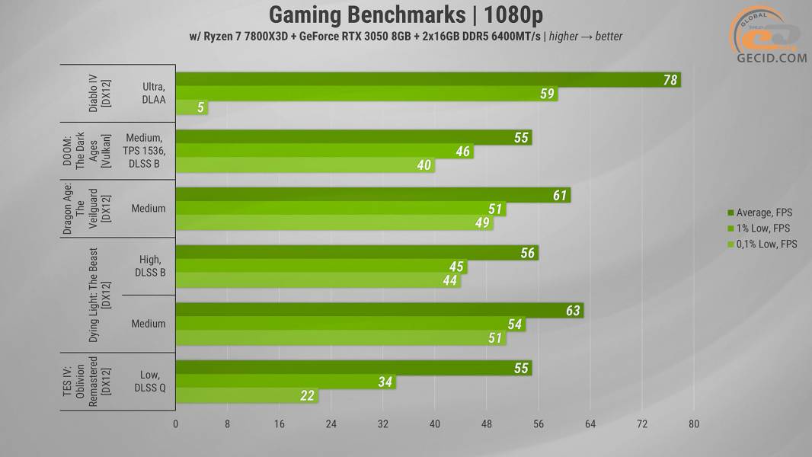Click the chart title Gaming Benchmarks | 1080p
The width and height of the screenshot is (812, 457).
(405, 14)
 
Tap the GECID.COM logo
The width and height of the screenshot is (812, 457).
(769, 37)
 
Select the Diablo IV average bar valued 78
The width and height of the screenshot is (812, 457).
(427, 80)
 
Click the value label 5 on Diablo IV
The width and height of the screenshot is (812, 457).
(201, 108)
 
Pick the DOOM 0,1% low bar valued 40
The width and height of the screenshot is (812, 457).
(305, 165)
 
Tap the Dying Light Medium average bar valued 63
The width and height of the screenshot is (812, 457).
(379, 310)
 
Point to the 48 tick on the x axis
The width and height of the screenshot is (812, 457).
(486, 424)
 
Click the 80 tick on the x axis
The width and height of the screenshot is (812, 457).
(693, 424)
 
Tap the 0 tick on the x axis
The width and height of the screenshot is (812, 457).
(176, 424)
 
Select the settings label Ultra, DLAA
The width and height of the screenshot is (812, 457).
(152, 94)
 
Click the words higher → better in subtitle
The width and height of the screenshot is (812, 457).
(586, 37)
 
